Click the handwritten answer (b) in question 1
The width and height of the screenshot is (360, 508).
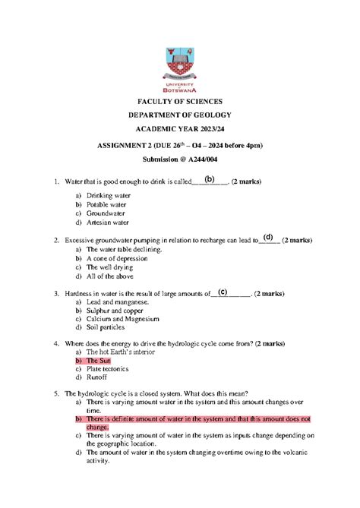coord(210,180)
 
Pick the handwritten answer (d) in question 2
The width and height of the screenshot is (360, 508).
coord(268,238)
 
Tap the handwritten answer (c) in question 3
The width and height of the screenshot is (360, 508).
coord(223,292)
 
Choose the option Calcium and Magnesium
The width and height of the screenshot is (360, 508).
coord(123,319)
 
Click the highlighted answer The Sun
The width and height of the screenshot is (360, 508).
coord(98,361)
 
